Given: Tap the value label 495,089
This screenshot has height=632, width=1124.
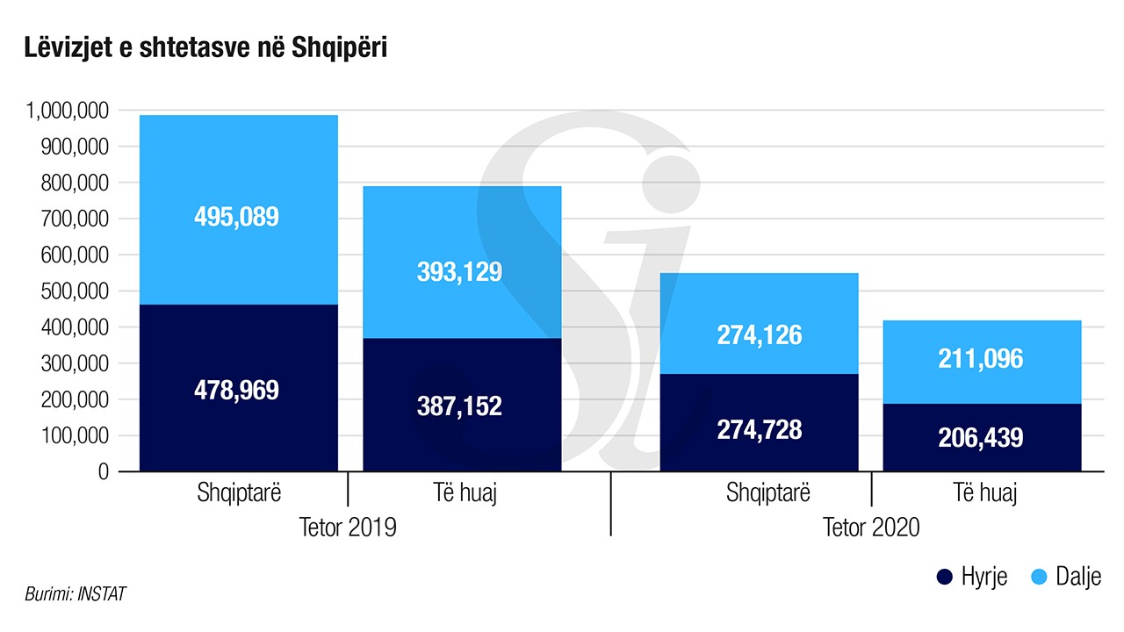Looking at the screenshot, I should tap(236, 217).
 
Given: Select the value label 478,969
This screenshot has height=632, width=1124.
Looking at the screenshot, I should tap(236, 390).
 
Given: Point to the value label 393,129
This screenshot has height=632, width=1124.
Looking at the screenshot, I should tap(460, 271).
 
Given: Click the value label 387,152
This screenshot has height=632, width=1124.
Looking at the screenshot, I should tap(460, 406).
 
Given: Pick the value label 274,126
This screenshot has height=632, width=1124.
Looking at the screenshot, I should tap(760, 334).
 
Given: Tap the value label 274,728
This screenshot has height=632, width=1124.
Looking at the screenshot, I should tap(760, 429).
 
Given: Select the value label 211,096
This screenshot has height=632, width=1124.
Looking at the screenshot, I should tap(981, 358).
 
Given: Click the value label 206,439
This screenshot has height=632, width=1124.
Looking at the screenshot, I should tap(981, 438).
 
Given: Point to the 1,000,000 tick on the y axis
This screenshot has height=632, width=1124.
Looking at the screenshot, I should tap(67, 111).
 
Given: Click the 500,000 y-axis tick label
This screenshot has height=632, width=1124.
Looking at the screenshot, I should tap(74, 291).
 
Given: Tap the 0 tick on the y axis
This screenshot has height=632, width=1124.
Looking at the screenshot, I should tap(102, 472).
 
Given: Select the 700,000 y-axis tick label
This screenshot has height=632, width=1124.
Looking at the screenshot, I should tap(74, 219).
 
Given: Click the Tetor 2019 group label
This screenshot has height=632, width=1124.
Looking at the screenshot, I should tap(348, 528).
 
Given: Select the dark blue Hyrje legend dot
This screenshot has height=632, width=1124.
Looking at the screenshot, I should tap(945, 577).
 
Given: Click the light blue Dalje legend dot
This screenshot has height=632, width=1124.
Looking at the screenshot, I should tap(1037, 577).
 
